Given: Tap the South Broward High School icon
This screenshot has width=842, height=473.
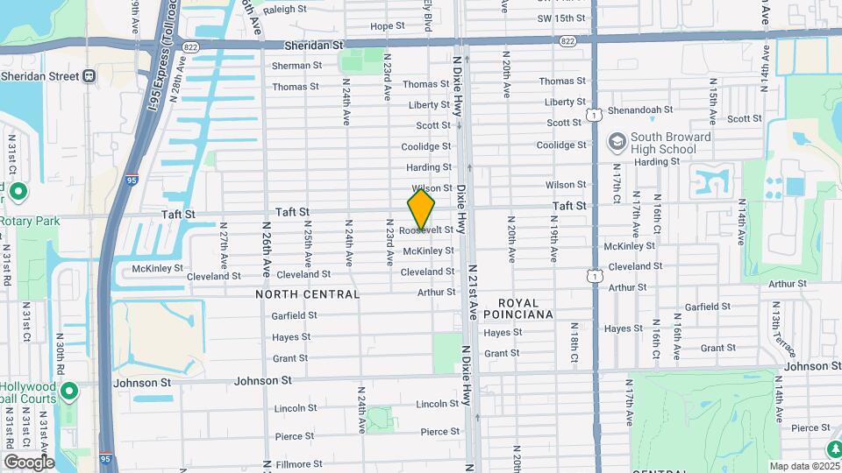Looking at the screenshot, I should coord(617,141).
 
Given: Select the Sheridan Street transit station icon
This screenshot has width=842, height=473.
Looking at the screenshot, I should coord(89,75).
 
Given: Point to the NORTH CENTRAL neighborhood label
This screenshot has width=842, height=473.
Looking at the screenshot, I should coord(307,294).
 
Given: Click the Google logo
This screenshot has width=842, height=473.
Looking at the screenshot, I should coord(28,462).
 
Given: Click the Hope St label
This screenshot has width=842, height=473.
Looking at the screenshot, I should coord(387,26).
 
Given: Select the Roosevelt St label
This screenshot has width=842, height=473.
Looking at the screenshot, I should coord(426,230).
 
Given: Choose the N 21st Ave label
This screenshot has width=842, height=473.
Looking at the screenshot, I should coord(473,292).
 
